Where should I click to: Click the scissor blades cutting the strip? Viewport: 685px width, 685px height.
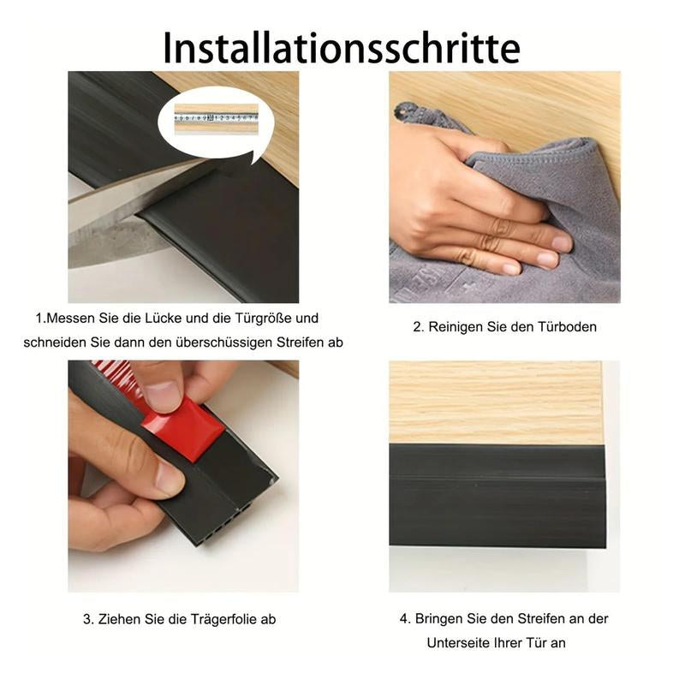tap(128, 214)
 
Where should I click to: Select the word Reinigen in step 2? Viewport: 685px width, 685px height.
tap(458, 326)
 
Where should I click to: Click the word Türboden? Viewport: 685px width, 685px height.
tap(568, 326)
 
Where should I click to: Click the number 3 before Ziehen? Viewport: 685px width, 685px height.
tap(86, 619)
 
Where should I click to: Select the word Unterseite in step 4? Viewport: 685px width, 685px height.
tap(455, 643)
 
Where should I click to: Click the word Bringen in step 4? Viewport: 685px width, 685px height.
tap(442, 618)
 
